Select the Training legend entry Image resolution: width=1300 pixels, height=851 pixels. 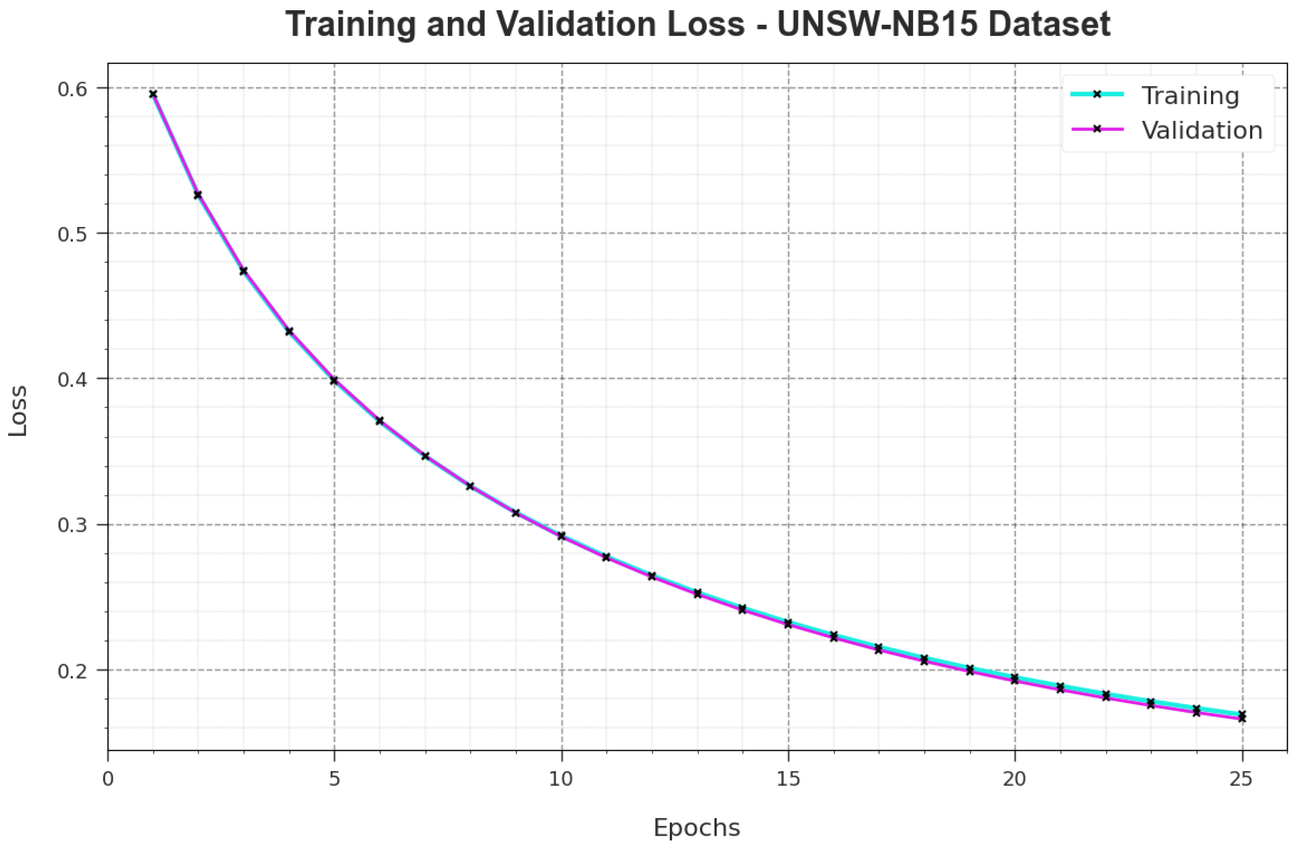click(1190, 96)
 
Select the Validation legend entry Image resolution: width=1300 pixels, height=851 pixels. click(1202, 130)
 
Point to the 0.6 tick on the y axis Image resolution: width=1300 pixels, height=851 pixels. click(73, 88)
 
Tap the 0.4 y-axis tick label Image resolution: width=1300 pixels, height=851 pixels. click(73, 379)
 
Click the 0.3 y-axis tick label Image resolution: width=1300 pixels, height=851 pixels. click(73, 525)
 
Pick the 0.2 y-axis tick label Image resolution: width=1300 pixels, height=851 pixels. click(73, 670)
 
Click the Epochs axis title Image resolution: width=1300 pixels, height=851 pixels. click(697, 828)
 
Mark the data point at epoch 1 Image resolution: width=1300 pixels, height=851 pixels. click(154, 94)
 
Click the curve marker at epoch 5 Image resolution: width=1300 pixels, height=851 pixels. click(334, 381)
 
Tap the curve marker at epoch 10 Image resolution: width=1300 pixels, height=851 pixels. click(562, 536)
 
